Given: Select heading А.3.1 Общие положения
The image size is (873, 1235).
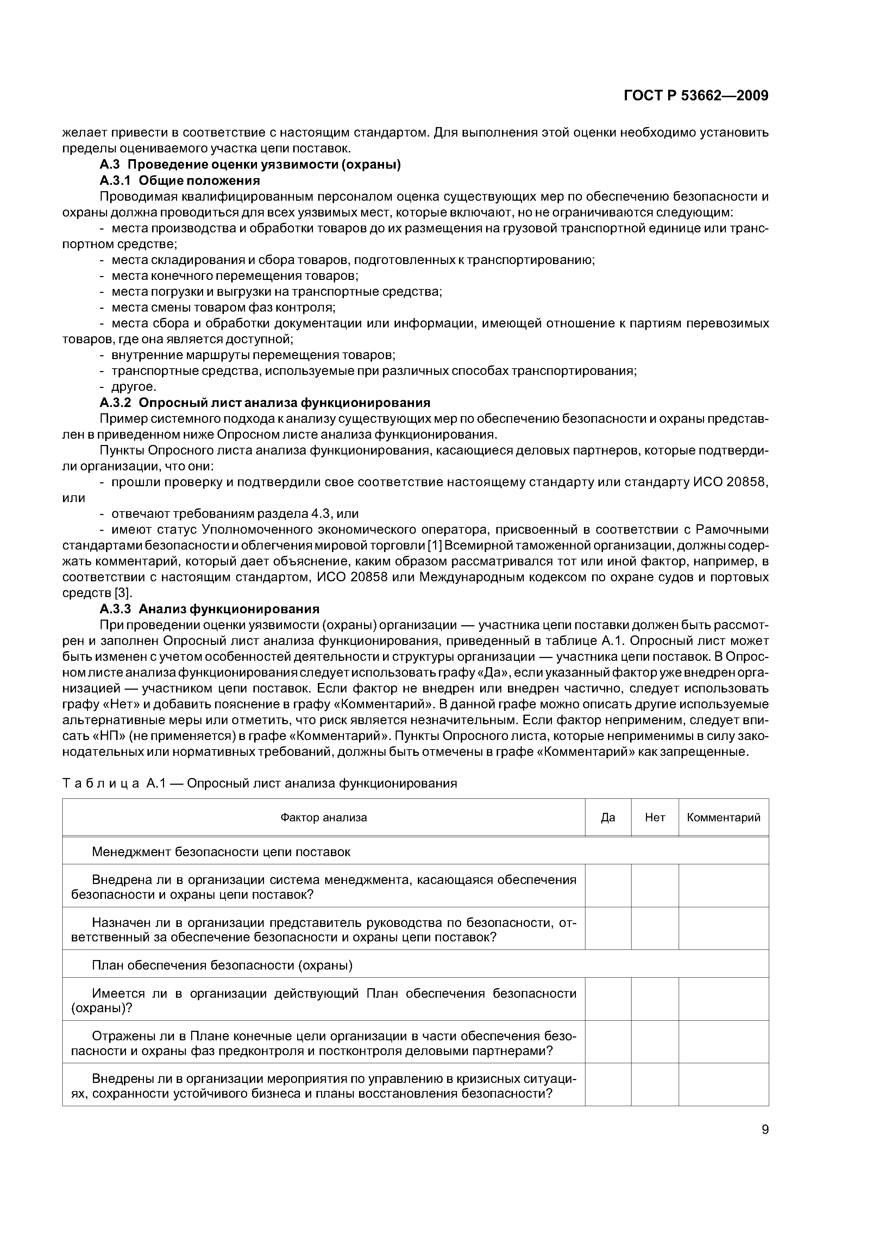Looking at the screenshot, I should tap(180, 180).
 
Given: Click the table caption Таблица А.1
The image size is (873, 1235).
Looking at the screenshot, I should tap(259, 783).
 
